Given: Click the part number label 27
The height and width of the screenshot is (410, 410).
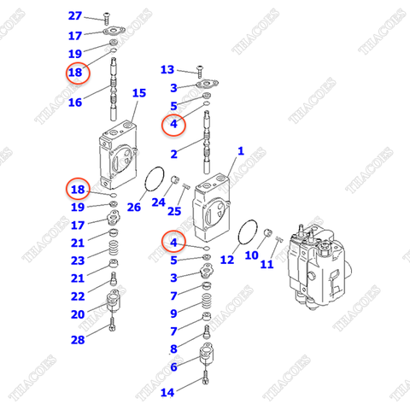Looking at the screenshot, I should click(x=75, y=17).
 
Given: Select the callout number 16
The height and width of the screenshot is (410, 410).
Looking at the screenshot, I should click(x=75, y=102).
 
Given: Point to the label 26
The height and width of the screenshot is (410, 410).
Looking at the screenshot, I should click(x=133, y=207).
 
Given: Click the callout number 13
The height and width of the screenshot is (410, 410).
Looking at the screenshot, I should click(x=167, y=70).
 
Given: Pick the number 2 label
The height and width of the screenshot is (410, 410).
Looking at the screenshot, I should click(x=173, y=155).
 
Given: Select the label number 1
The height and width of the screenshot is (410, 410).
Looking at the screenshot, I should click(x=241, y=151).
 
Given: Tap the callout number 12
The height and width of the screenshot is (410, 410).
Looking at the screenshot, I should click(x=227, y=259).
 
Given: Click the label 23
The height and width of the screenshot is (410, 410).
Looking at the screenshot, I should click(x=77, y=261).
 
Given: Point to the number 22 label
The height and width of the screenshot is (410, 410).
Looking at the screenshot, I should click(x=77, y=296).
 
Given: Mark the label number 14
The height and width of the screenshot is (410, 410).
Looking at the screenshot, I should click(x=167, y=392).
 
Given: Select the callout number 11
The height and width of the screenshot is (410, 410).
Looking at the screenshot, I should click(x=267, y=265).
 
